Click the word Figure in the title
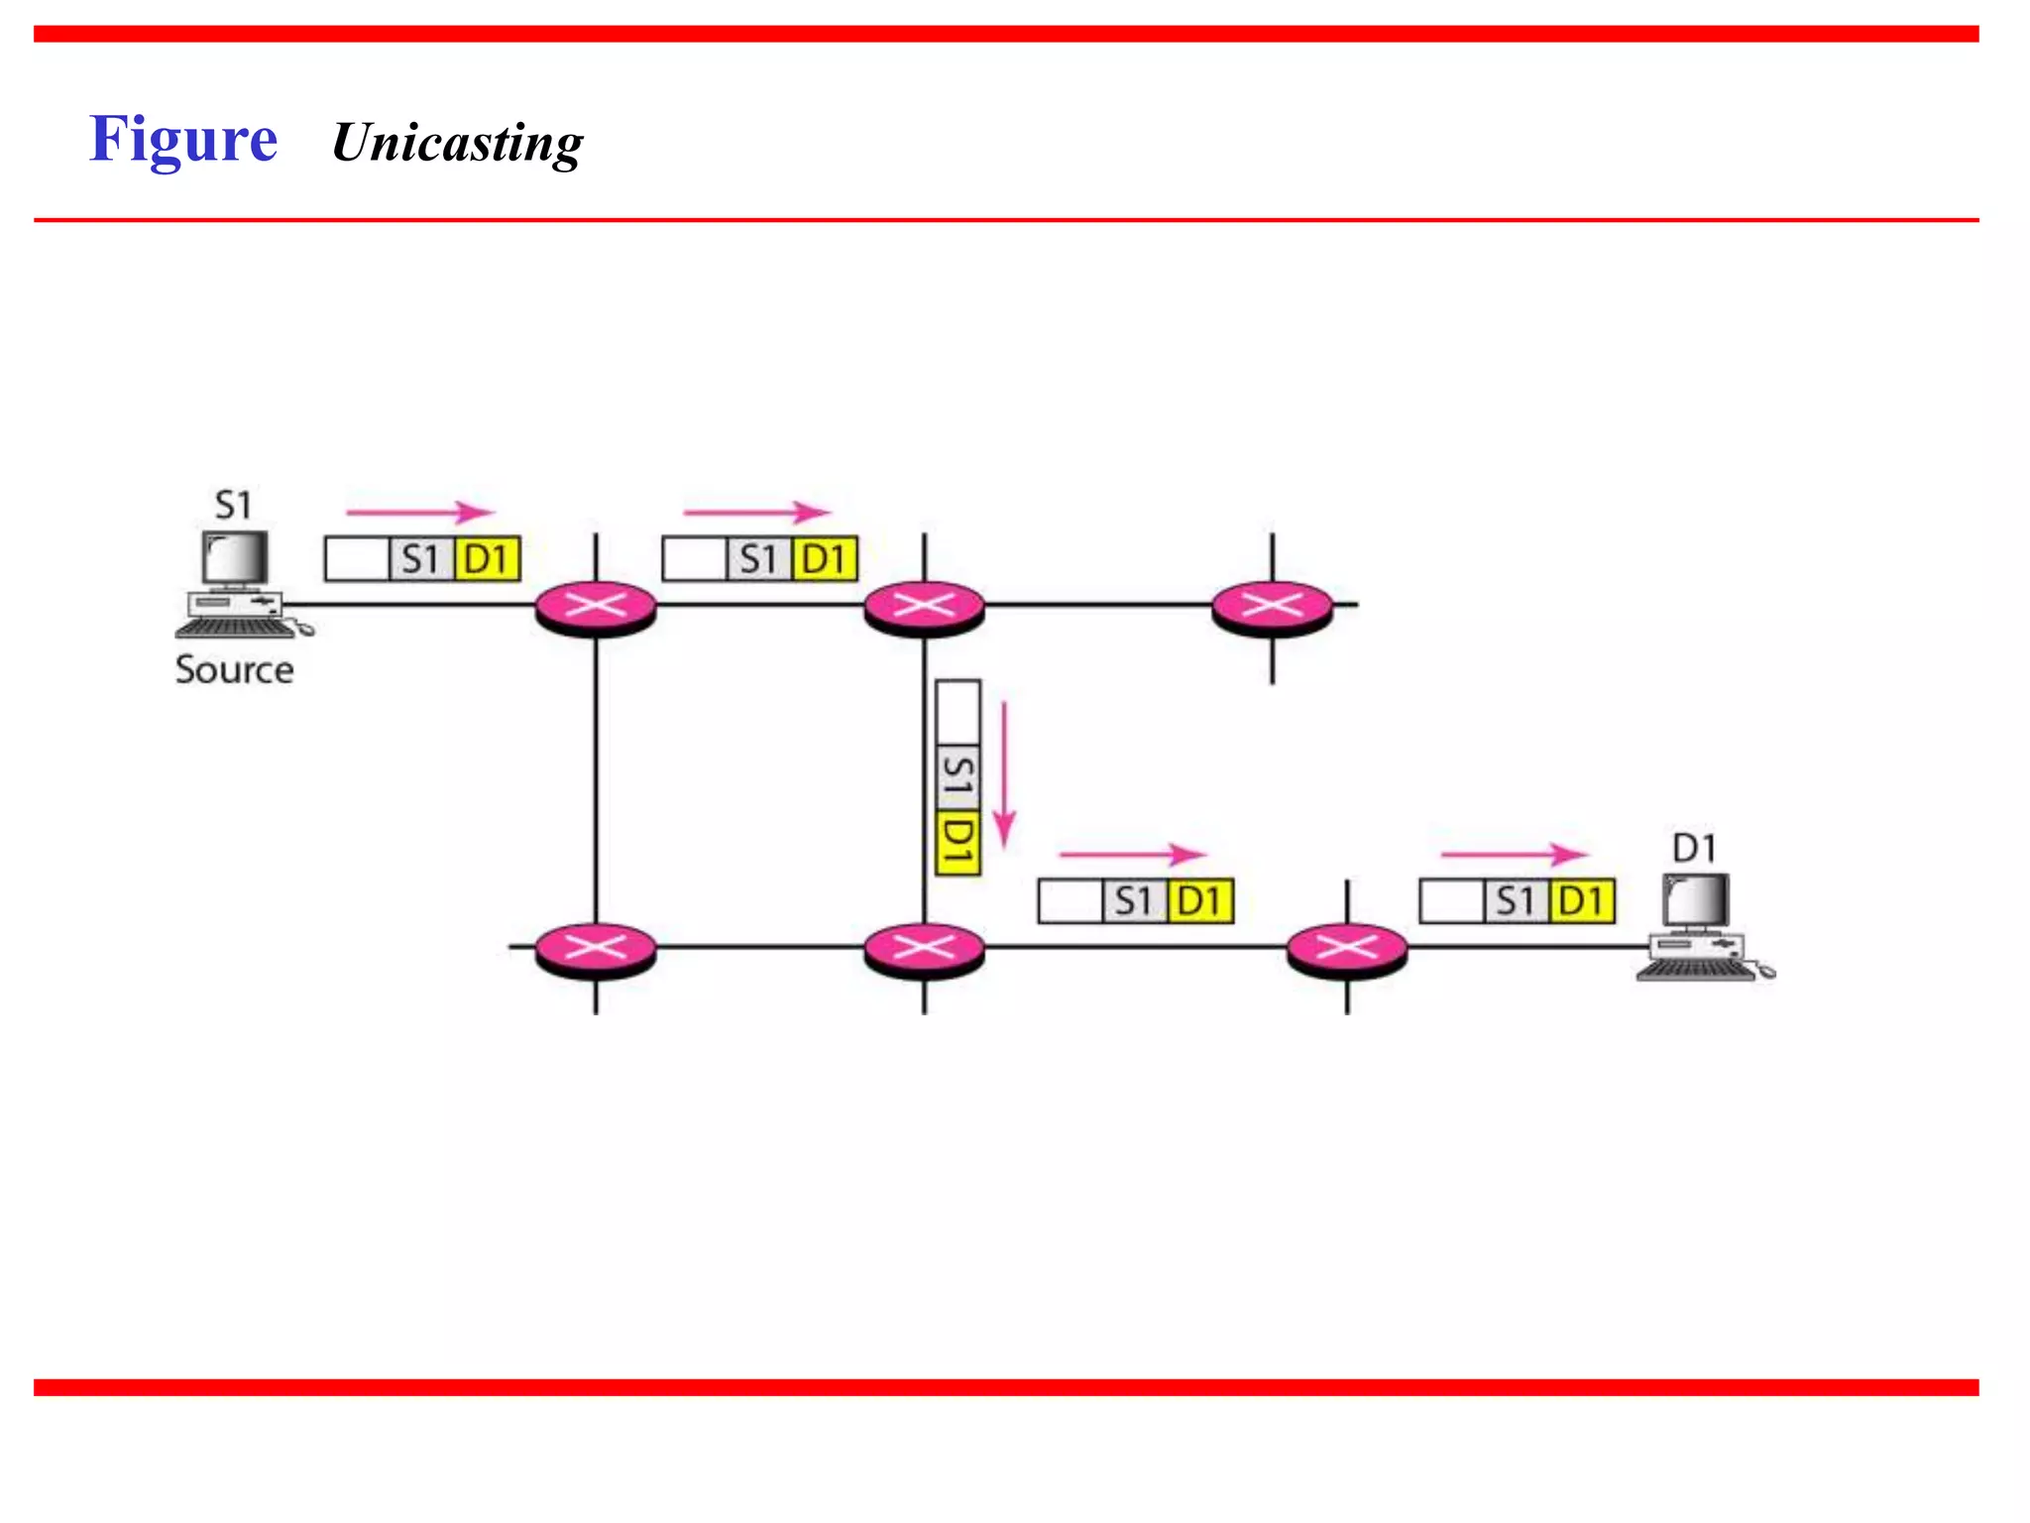tap(183, 140)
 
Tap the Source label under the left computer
tap(235, 670)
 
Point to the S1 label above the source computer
tap(234, 506)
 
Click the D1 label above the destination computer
tap(1694, 849)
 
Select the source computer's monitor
tap(235, 558)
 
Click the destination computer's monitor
tap(1696, 901)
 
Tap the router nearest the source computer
tap(596, 606)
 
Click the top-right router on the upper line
tap(1273, 606)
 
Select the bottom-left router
tap(596, 949)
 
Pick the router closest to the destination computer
tap(1347, 949)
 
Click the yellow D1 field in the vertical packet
tap(958, 843)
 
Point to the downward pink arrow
tap(1004, 773)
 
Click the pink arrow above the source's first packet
tap(419, 512)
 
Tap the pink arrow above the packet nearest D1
tap(1514, 854)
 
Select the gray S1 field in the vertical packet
tap(958, 777)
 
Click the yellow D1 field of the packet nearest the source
tap(488, 560)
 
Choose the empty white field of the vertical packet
tap(958, 712)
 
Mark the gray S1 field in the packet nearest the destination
tap(1516, 902)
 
